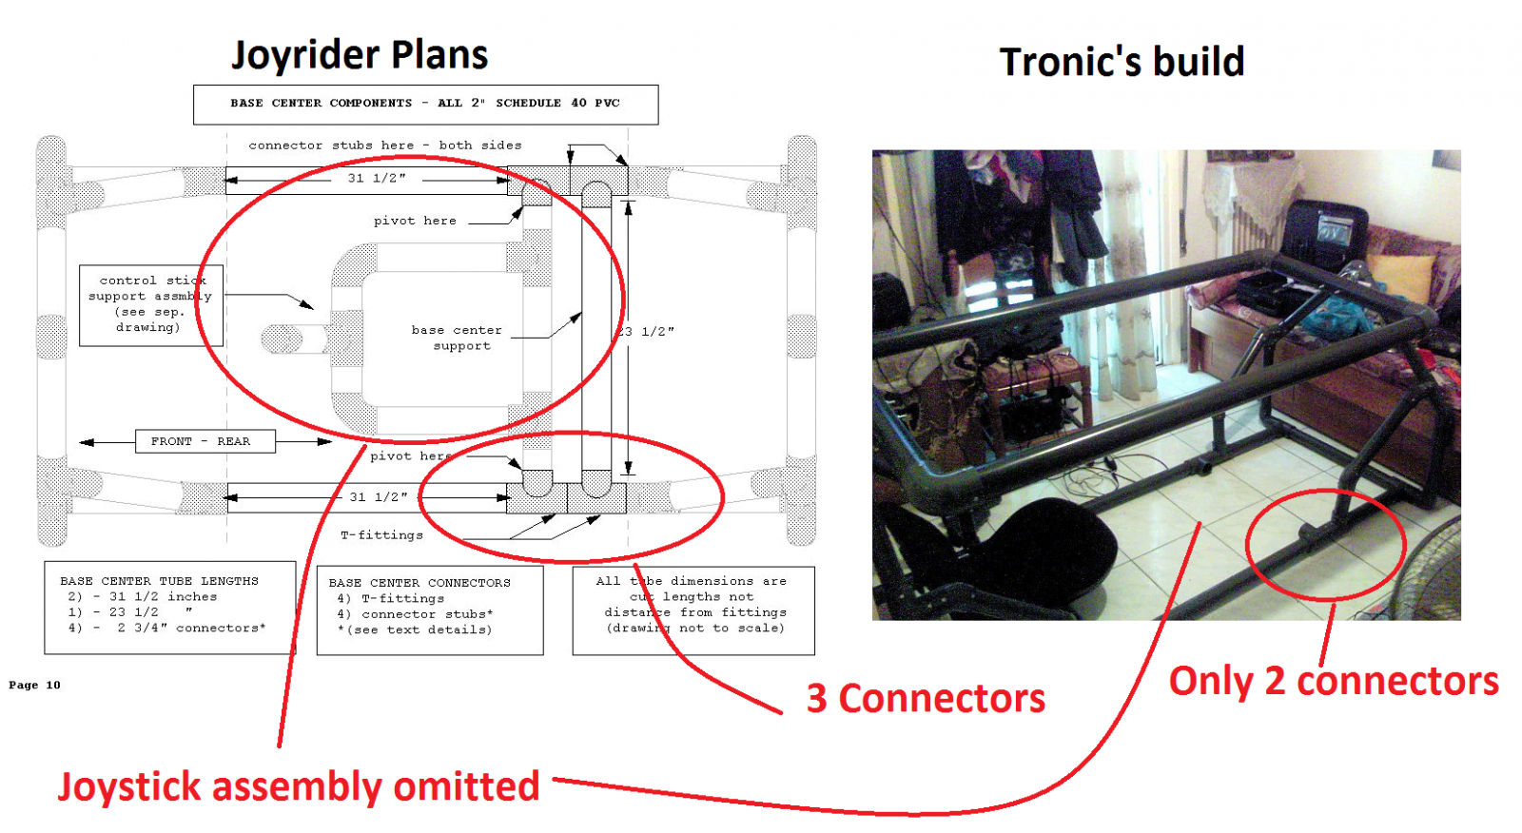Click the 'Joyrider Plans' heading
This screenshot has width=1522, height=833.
tap(360, 55)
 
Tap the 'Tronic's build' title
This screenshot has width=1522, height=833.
tap(1122, 63)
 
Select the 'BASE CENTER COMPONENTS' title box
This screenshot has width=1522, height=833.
tap(425, 104)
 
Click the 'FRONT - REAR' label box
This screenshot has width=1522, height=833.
tap(201, 441)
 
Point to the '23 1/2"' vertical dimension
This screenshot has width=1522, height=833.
tap(646, 331)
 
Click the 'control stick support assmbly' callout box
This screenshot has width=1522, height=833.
tap(149, 304)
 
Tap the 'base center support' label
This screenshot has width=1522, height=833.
tap(458, 338)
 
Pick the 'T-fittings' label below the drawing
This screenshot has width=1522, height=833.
tap(381, 535)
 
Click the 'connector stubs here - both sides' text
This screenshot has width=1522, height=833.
tap(384, 145)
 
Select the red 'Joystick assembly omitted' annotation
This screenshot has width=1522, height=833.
tap(299, 786)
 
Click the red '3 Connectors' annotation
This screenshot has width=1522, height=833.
tap(926, 699)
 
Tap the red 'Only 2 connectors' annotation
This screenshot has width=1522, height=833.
tap(1334, 681)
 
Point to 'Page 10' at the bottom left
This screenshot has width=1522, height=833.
tap(34, 685)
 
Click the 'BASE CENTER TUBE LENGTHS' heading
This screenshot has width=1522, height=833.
tap(159, 581)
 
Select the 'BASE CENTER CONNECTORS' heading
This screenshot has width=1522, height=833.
tap(420, 583)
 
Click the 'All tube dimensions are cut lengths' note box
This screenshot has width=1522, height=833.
tap(693, 605)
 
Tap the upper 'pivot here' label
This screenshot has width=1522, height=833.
tap(415, 221)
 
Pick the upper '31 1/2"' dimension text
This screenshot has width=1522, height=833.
tap(377, 178)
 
